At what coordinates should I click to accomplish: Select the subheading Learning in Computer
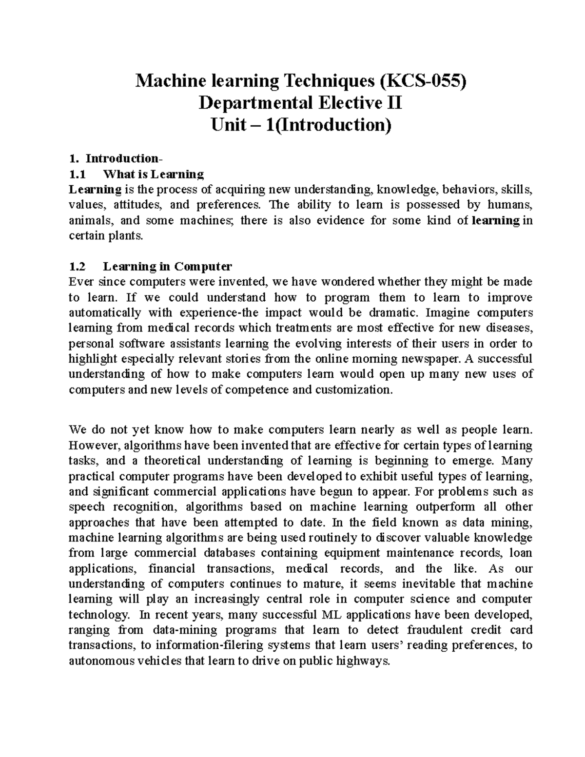pos(168,267)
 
